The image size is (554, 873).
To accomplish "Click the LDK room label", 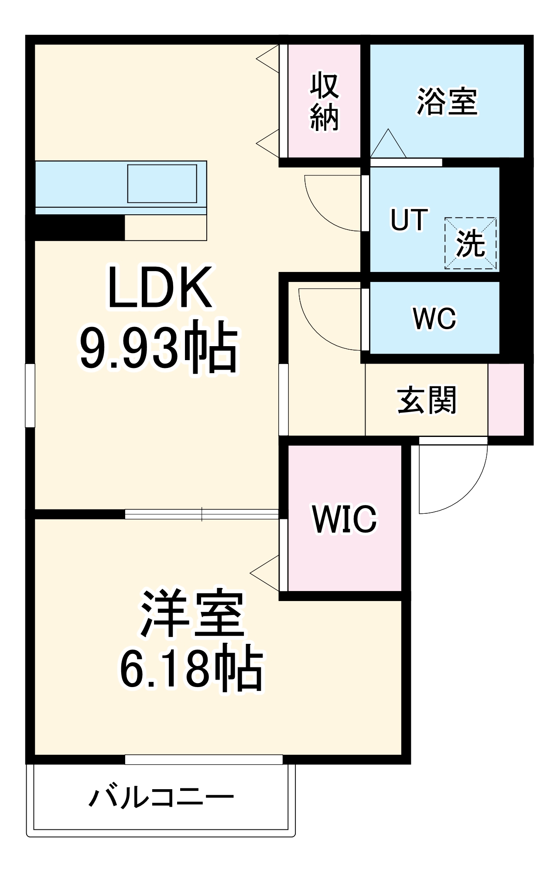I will coord(160,288).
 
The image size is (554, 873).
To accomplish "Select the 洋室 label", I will coord(192,613).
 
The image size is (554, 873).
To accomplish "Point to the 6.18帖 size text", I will coord(192,668).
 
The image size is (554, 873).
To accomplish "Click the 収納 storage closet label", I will coord(324,102).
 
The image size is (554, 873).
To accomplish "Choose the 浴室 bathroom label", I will coord(447,102).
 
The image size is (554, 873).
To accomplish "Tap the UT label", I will coord(409,220).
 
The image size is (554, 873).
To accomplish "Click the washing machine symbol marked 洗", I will coord(471,243).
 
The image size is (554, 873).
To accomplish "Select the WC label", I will coord(434,318).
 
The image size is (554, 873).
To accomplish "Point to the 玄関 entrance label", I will coord(426,400).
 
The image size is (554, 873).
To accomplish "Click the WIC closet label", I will coord(345,519).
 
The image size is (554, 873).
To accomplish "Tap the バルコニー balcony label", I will coord(161,797).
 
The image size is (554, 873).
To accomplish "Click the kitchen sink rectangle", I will coord(162,184).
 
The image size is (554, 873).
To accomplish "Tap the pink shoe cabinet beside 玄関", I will coord(506,399).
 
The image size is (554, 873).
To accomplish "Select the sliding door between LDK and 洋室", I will coord(202,514).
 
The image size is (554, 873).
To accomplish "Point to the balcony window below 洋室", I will coord(204,760).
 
